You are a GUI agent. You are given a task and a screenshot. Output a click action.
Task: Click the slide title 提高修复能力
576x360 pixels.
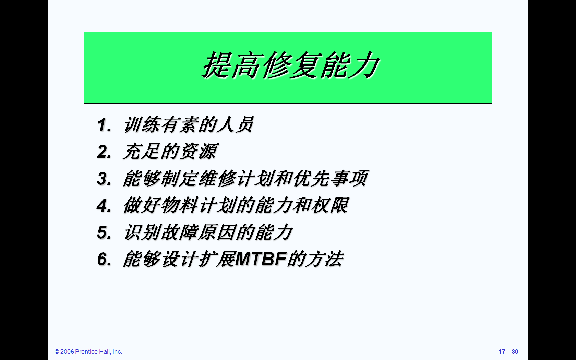pyautogui.click(x=290, y=65)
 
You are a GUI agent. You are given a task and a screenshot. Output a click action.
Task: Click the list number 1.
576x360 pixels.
pyautogui.click(x=104, y=125)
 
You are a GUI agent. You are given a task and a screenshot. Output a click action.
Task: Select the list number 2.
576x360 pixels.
pyautogui.click(x=104, y=152)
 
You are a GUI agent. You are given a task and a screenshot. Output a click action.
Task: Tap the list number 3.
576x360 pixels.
pyautogui.click(x=104, y=178)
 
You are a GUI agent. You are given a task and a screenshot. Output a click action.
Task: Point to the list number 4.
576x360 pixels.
pyautogui.click(x=104, y=205)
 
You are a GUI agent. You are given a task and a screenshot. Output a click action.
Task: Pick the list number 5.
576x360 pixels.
pyautogui.click(x=104, y=232)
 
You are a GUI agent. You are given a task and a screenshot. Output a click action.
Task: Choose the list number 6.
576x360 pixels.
pyautogui.click(x=104, y=259)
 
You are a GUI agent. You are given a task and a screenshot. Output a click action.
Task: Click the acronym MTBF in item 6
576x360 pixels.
pyautogui.click(x=261, y=259)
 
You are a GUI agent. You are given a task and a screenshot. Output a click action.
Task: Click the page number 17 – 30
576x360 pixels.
pyautogui.click(x=508, y=352)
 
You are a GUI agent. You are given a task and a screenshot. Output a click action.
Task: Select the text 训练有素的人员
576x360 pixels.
pyautogui.click(x=189, y=125)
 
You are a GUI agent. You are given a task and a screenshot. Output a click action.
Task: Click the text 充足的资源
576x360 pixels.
pyautogui.click(x=170, y=152)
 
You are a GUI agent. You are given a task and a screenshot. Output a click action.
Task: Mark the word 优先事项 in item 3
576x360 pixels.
pyautogui.click(x=331, y=178)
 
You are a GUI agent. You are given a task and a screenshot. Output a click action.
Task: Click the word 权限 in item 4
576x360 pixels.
pyautogui.click(x=330, y=205)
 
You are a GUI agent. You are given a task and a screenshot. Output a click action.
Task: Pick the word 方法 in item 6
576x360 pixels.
pyautogui.click(x=324, y=259)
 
